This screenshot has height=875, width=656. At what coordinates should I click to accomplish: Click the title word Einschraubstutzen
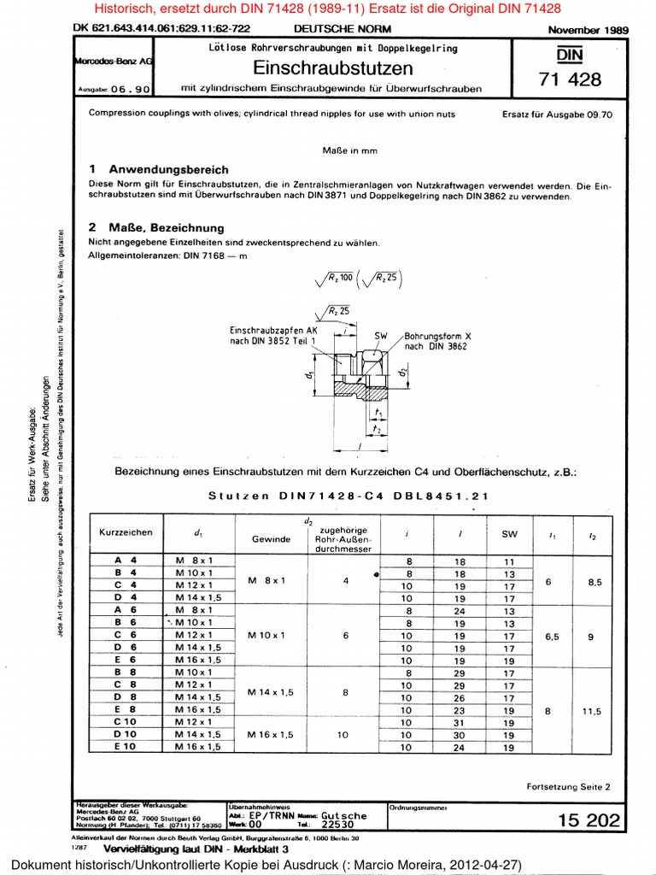point(333,68)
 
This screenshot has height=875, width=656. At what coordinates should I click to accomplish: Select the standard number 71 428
point(570,79)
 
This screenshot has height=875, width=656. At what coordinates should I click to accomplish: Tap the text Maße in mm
point(349,150)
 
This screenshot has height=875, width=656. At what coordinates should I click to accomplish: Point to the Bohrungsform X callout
point(438,341)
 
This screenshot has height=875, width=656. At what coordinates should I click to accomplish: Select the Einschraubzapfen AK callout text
point(272,334)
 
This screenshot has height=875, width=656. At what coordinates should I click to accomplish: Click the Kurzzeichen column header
point(126,532)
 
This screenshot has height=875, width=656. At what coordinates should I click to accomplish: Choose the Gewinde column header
point(271,539)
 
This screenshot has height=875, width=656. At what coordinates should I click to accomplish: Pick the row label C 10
point(126,722)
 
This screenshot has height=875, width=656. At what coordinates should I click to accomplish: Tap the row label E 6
point(126,660)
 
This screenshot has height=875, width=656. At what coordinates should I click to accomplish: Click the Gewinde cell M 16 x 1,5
point(271,734)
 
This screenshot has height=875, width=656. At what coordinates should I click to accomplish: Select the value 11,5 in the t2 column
point(592,710)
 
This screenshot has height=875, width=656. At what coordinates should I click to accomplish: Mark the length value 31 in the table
point(460,722)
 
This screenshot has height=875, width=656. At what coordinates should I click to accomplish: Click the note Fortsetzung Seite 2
point(568,785)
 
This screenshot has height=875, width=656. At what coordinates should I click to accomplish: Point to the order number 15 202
point(589,820)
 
